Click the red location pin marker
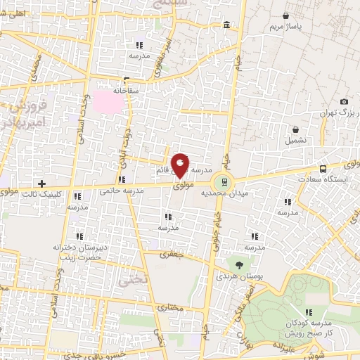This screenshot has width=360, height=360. tap(180, 165)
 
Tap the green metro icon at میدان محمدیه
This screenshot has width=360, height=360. tap(221, 181)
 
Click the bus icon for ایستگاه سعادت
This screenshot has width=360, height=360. tap(323, 169)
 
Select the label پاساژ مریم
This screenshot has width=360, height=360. tap(285, 27)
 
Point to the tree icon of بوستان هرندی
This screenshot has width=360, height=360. tap(240, 264)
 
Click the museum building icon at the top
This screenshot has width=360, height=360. tap(226, 26)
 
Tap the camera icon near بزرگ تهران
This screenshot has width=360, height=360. tap(344, 102)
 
